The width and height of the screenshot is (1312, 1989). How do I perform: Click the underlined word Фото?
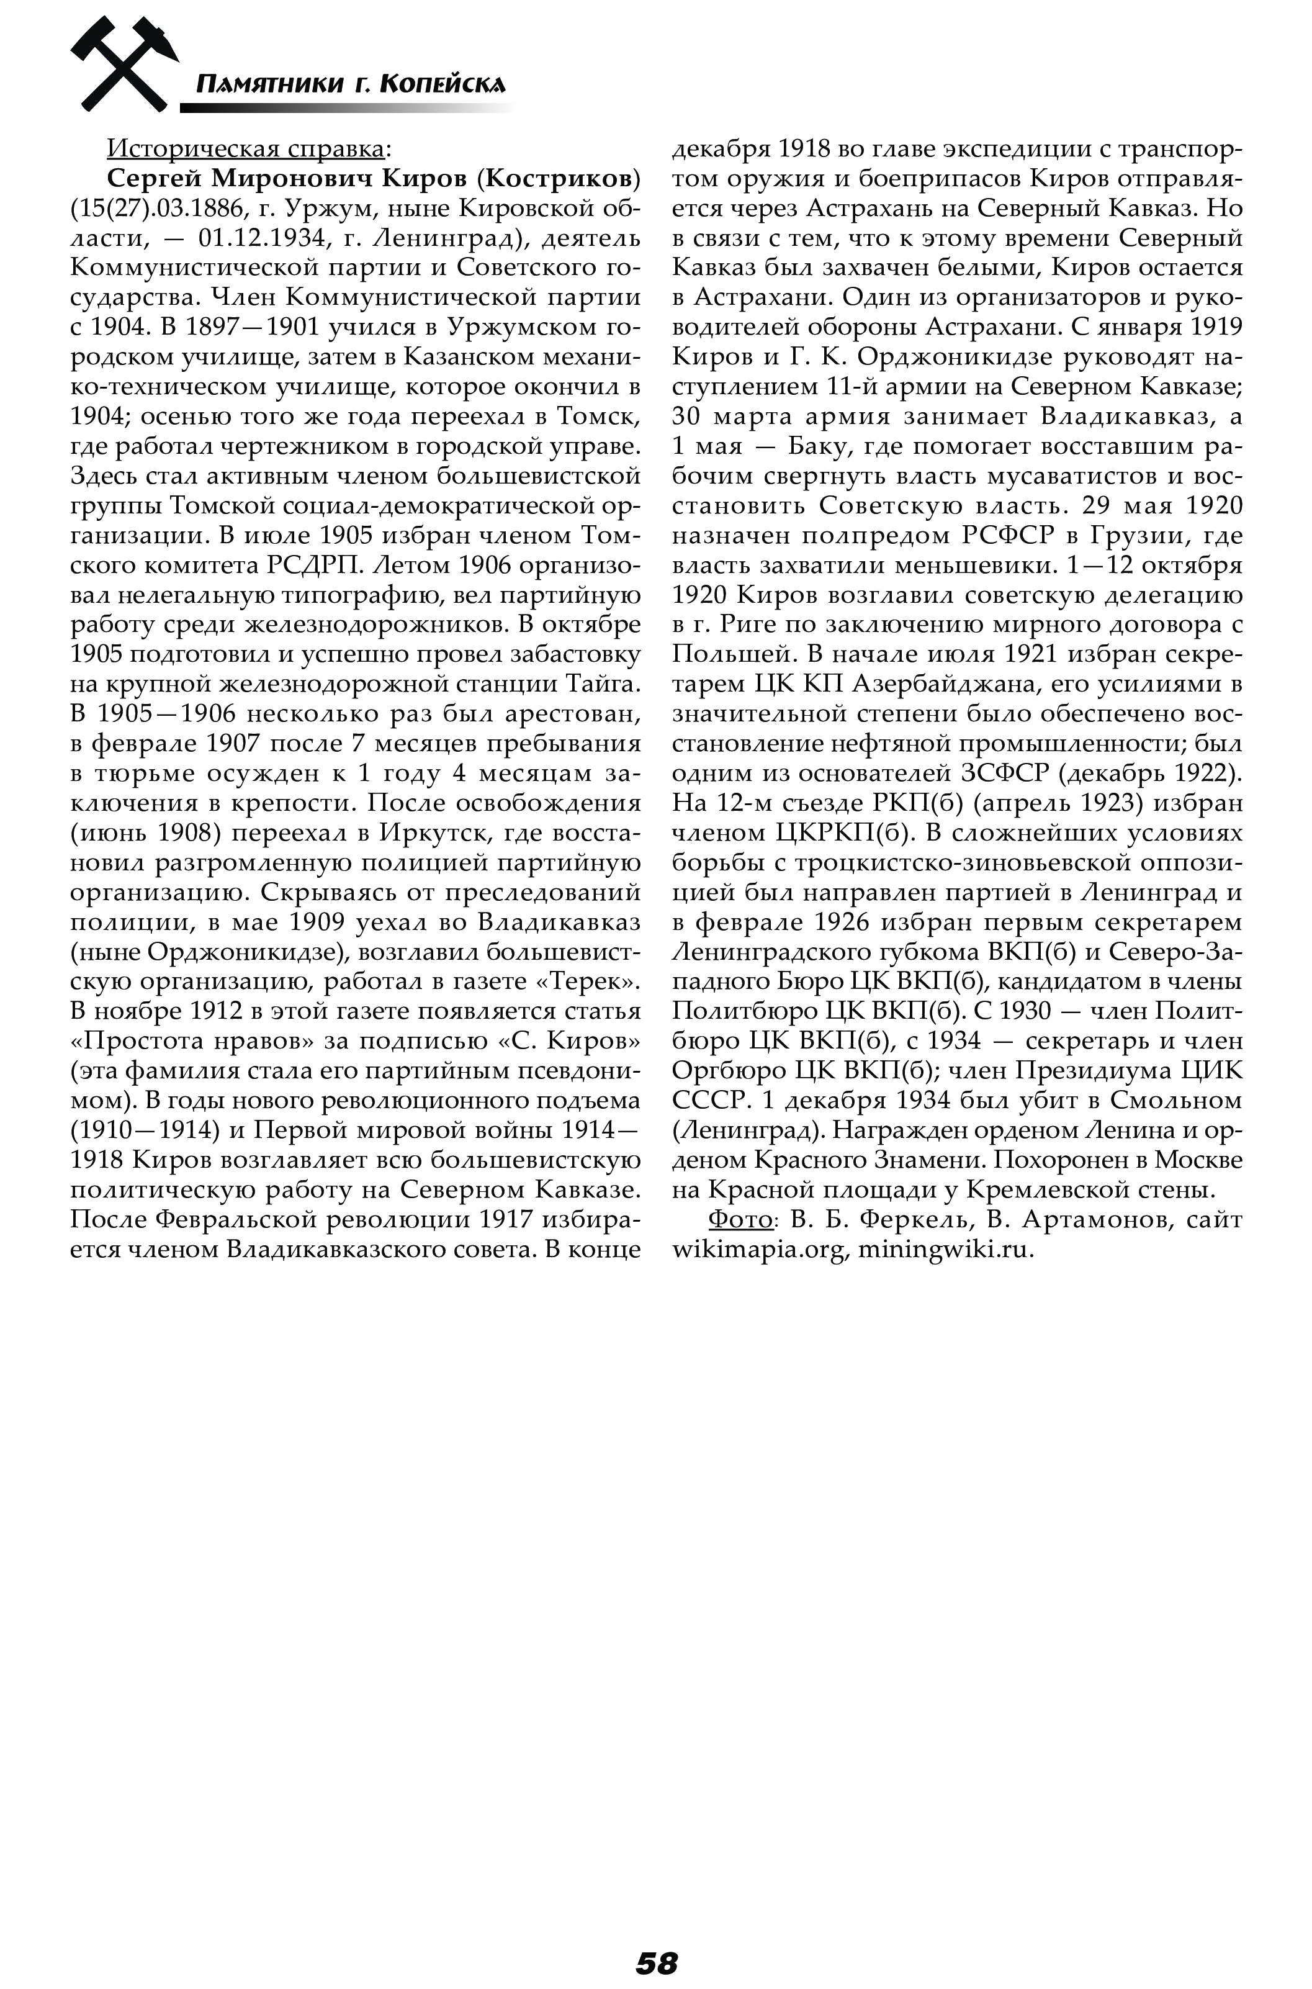click(x=740, y=1219)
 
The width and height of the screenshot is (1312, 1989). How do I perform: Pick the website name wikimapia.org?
click(x=759, y=1248)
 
